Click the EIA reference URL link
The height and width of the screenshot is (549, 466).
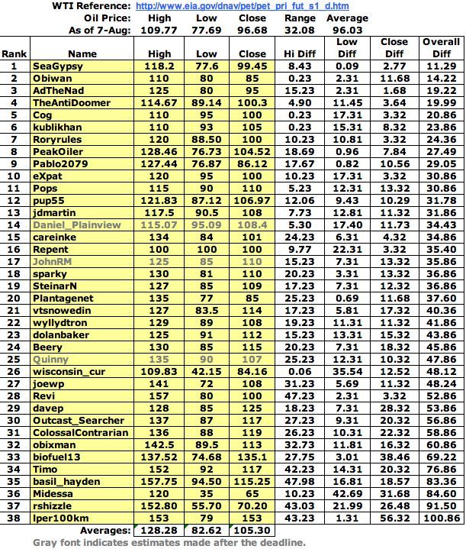[240, 6]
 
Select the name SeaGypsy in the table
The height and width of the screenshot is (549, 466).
[54, 66]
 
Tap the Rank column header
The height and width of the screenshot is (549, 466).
[13, 54]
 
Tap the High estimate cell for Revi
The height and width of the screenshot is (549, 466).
[160, 396]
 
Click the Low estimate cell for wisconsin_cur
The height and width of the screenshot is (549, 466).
[207, 371]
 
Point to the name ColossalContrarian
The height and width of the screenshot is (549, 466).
[81, 432]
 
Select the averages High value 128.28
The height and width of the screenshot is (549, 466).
[159, 530]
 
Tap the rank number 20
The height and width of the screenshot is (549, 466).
[13, 299]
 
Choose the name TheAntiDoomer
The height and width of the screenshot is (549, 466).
[72, 103]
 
